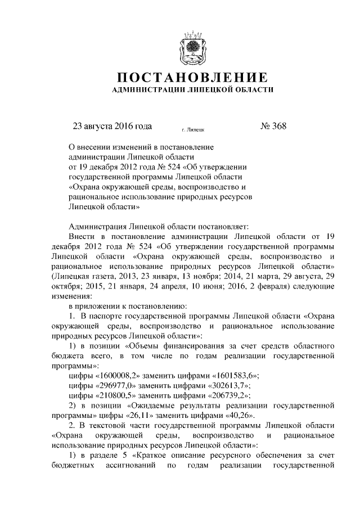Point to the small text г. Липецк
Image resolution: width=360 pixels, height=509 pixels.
tap(193, 129)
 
